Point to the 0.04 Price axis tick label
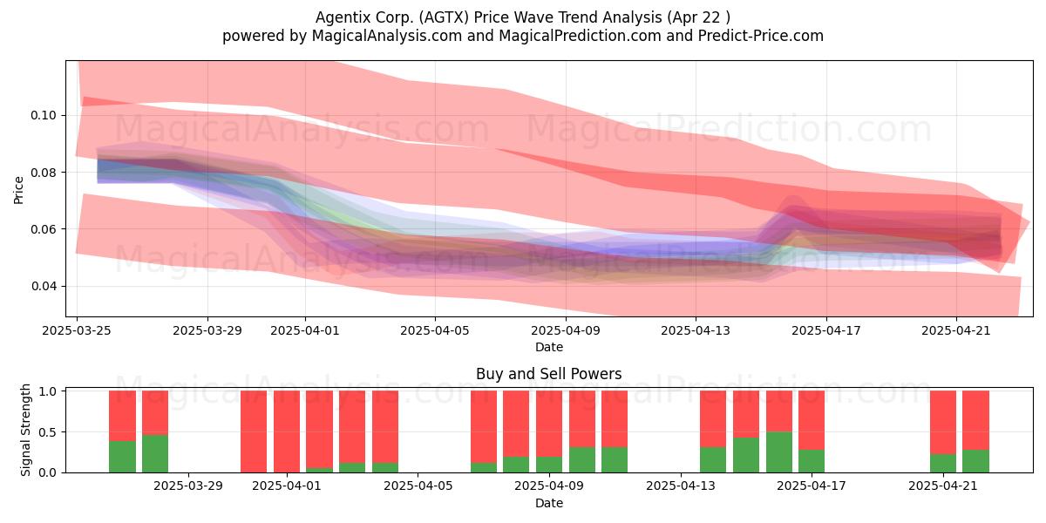[x=44, y=286]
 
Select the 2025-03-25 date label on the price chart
[x=77, y=330]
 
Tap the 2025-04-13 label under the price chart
[x=696, y=330]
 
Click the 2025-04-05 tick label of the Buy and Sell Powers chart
[x=418, y=486]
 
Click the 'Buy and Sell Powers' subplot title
[x=548, y=374]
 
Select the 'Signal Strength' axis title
[x=25, y=430]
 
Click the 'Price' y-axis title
[x=18, y=190]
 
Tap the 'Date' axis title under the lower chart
[x=548, y=504]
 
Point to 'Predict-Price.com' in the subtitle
[x=761, y=36]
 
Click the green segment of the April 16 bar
[x=779, y=452]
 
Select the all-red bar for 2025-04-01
[x=287, y=431]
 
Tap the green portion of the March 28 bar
[x=155, y=454]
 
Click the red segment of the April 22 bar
[x=976, y=420]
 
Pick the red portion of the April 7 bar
[x=484, y=427]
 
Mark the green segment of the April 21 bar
[x=943, y=463]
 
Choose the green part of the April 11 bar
[x=615, y=460]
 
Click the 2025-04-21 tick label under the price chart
[x=956, y=330]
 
